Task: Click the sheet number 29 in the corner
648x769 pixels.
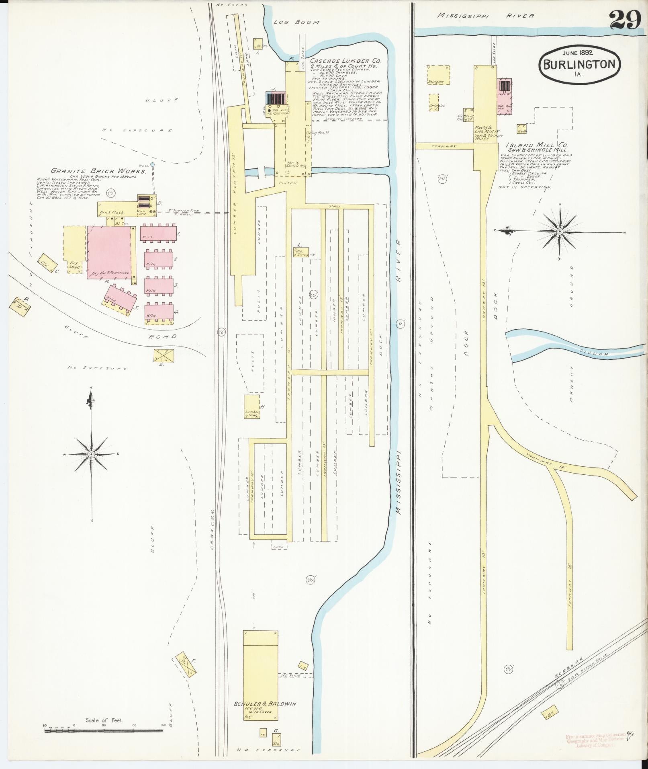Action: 625,20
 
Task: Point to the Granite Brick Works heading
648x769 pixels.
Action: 98,171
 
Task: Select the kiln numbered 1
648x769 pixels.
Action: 159,233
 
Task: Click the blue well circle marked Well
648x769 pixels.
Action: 152,165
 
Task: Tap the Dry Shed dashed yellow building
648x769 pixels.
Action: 75,249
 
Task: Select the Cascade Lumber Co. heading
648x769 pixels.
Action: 345,61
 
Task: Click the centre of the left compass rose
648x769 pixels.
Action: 92,454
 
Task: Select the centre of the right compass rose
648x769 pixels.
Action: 559,232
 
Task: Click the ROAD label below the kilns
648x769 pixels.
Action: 163,336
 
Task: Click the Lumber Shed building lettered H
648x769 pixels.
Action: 252,407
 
